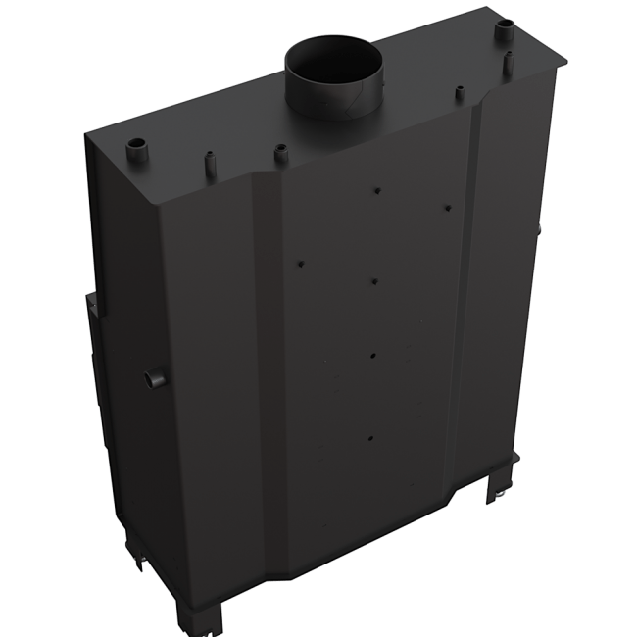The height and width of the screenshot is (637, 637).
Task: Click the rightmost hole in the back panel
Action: point(447,208)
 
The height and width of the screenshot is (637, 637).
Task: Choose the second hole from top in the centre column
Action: point(376,281)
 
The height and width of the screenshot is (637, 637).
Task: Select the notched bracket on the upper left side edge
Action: point(90,309)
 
